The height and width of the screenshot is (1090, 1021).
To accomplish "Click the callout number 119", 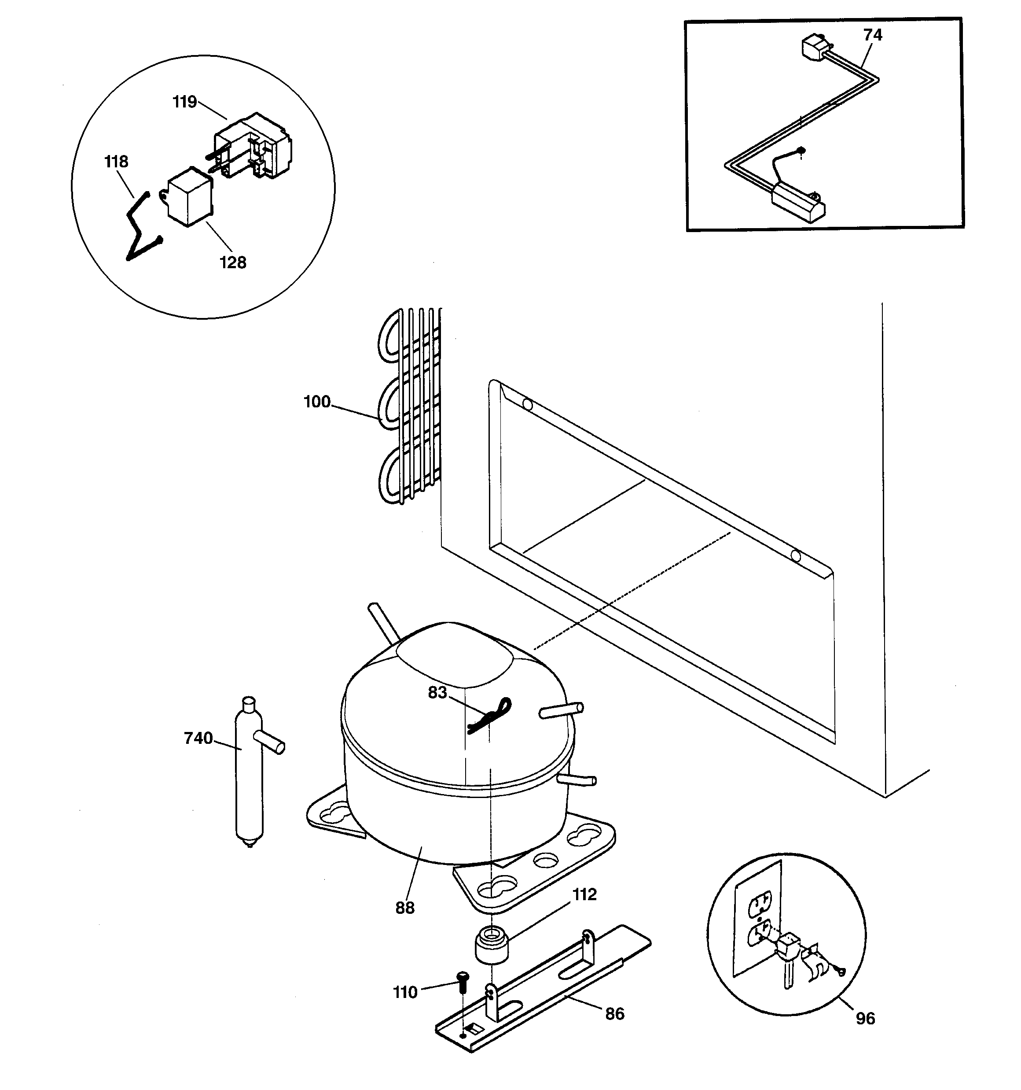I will pyautogui.click(x=185, y=102).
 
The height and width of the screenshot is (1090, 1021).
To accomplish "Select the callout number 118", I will pyautogui.click(x=116, y=162).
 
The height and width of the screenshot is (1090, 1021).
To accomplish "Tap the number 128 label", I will pyautogui.click(x=233, y=262).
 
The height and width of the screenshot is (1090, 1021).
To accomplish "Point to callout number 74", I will pyautogui.click(x=873, y=35).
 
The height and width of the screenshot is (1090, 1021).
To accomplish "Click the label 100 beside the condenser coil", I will pyautogui.click(x=317, y=402).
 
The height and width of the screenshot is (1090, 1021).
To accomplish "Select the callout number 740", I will pyautogui.click(x=198, y=739).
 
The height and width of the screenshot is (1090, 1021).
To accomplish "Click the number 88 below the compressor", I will pyautogui.click(x=405, y=908).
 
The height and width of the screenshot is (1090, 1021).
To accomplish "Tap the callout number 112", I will pyautogui.click(x=584, y=894).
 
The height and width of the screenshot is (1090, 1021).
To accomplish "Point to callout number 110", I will pyautogui.click(x=405, y=992).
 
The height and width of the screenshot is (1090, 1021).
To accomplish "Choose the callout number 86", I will pyautogui.click(x=614, y=1014).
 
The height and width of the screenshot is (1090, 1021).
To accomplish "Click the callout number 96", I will pyautogui.click(x=865, y=1018).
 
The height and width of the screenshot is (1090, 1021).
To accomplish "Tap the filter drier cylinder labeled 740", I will pyautogui.click(x=249, y=779).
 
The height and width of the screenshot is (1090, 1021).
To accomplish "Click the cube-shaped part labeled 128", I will pyautogui.click(x=189, y=197).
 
